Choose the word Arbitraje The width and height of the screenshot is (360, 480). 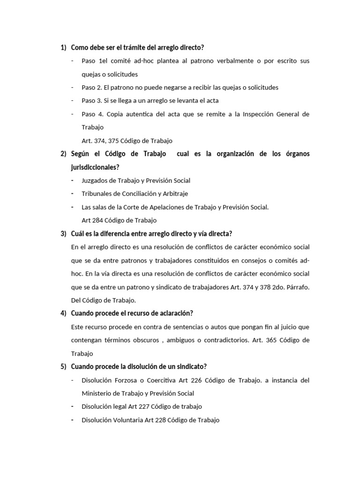172,194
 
